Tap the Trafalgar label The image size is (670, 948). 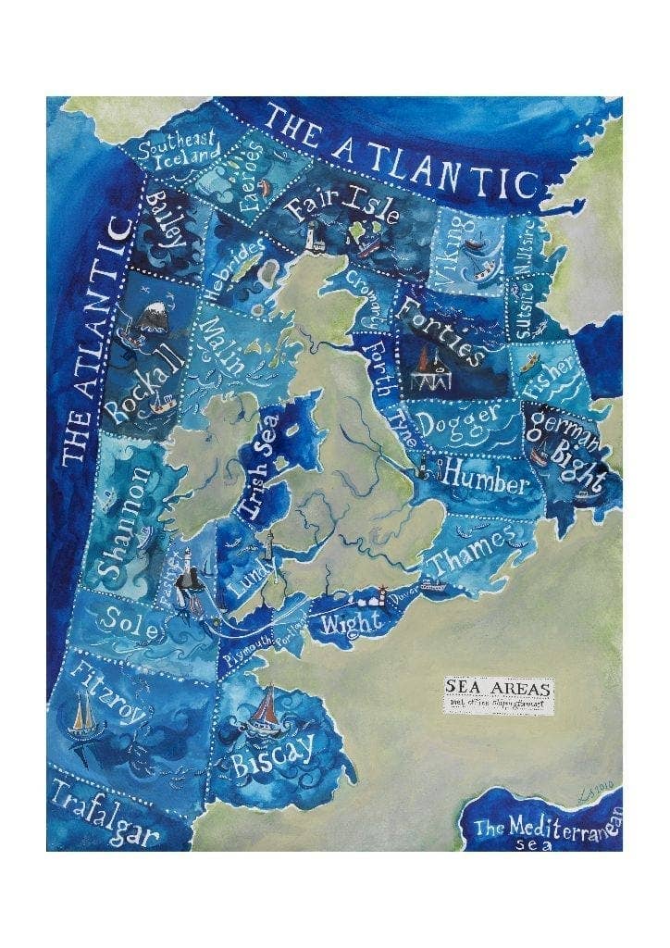(104, 812)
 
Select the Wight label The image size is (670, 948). (351, 623)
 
